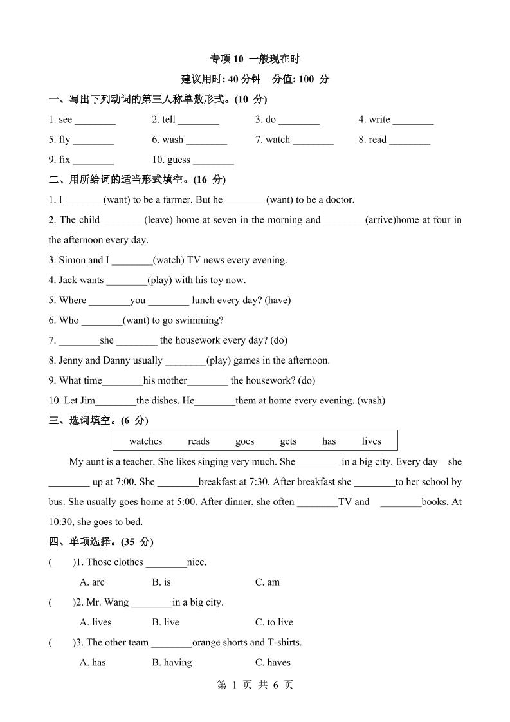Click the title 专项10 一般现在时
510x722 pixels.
pyautogui.click(x=255, y=59)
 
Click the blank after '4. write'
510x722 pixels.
pyautogui.click(x=413, y=120)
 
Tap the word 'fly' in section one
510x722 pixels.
pyautogui.click(x=64, y=140)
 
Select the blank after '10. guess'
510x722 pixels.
pyautogui.click(x=214, y=160)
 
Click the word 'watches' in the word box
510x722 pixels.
pyautogui.click(x=145, y=441)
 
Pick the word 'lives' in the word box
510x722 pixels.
pyautogui.click(x=371, y=441)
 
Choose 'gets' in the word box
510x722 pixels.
pyautogui.click(x=288, y=441)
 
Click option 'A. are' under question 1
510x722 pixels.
pyautogui.click(x=92, y=582)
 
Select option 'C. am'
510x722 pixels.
pyautogui.click(x=267, y=582)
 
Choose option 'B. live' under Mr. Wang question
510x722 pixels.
pyautogui.click(x=165, y=622)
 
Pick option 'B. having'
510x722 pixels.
pyautogui.click(x=172, y=662)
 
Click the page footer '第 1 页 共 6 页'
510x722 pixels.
pyautogui.click(x=255, y=685)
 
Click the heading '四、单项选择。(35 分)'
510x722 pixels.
pyautogui.click(x=101, y=542)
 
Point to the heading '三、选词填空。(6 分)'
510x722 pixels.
pyautogui.click(x=98, y=421)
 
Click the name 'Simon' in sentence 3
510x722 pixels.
pyautogui.click(x=71, y=260)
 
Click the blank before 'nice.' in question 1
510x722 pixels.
pyautogui.click(x=166, y=562)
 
